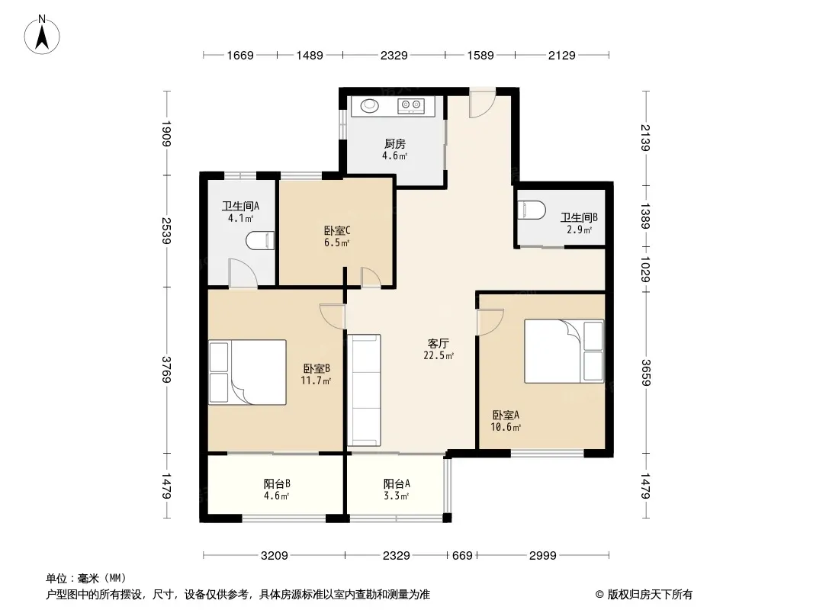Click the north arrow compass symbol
[x=42, y=35]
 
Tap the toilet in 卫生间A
[x=260, y=240]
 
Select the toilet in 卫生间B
[x=532, y=210]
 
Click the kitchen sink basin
[x=370, y=106]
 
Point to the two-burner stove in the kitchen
[x=410, y=106]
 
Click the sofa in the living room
[x=364, y=390]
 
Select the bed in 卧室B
[x=247, y=372]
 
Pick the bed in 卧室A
[x=564, y=351]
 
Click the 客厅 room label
[x=438, y=343]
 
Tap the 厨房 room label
[x=394, y=143]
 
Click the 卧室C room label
[x=337, y=230]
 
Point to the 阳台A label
[x=397, y=483]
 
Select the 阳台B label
[x=277, y=483]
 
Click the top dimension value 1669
[x=240, y=55]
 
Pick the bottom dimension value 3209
[x=274, y=556]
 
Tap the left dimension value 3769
[x=166, y=370]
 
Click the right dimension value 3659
[x=645, y=373]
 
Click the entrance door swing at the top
[x=483, y=104]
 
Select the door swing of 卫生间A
[x=243, y=273]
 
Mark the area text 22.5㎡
[x=439, y=355]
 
